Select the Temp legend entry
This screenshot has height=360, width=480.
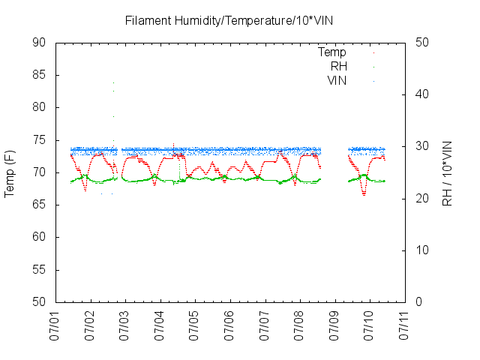(332, 52)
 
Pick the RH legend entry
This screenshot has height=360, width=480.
(338, 66)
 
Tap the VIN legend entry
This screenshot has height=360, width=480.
(337, 80)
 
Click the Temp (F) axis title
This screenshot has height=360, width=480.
(10, 172)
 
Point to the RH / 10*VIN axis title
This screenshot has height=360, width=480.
(447, 172)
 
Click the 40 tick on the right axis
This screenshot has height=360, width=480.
(422, 94)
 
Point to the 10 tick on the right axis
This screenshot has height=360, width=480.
(422, 250)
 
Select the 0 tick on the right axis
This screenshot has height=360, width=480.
(419, 302)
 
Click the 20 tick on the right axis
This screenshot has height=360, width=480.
(422, 199)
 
